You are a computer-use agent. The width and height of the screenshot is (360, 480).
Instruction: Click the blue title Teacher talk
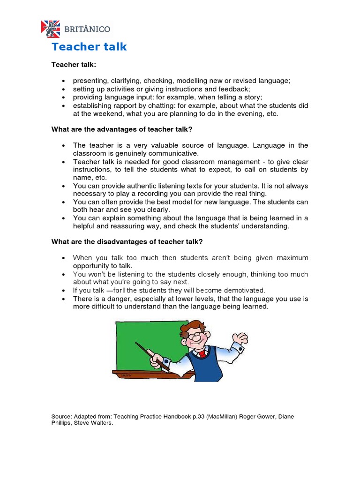click(x=89, y=47)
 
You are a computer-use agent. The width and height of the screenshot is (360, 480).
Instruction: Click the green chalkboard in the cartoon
click(x=145, y=345)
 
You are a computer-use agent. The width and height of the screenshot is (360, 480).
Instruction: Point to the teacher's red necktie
click(x=202, y=353)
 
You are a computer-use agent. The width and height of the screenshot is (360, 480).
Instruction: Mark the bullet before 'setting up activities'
click(x=63, y=89)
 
